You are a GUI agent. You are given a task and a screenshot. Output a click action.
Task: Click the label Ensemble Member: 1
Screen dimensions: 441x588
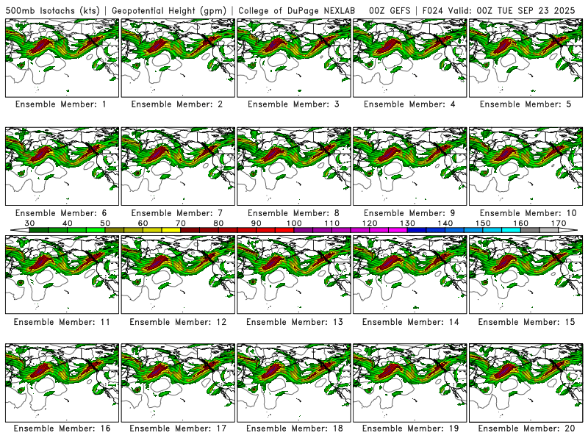coord(60,104)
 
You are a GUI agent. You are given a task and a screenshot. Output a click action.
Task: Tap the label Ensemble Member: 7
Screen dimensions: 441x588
coord(176,213)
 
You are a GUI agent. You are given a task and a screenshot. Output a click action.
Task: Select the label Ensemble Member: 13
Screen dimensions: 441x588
coord(293,322)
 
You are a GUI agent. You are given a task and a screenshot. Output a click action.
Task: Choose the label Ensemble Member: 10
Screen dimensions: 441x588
coord(526,213)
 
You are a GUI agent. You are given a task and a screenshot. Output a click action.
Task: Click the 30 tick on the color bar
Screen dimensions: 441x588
coord(30,223)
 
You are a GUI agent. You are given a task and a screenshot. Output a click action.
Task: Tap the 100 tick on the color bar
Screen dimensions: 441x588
coord(294,223)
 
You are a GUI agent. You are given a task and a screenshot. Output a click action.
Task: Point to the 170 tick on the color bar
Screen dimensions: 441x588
coord(558,223)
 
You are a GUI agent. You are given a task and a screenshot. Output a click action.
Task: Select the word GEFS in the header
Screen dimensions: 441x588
coord(399,10)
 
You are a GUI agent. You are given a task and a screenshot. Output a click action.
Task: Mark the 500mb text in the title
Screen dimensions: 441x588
coord(19,10)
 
